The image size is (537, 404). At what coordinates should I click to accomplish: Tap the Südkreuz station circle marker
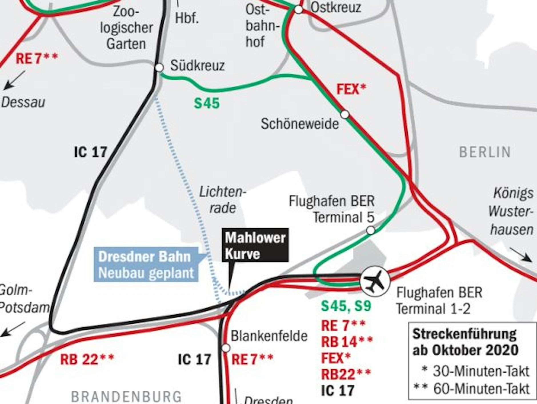coord(159,68)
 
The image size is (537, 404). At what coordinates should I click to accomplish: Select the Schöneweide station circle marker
coord(345,114)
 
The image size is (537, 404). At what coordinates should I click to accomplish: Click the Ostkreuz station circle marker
coord(298,9)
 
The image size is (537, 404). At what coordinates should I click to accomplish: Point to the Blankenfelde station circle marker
coord(226,348)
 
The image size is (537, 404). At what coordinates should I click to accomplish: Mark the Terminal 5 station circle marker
coord(370,230)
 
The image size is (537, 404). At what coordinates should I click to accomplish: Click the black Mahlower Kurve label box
coord(255,245)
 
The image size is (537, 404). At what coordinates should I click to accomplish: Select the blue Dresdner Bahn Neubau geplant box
coord(146,265)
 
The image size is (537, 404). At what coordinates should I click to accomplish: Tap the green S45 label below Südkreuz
coord(207,103)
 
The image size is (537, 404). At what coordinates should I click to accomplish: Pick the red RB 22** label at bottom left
coord(87,359)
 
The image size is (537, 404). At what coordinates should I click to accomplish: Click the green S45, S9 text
coord(346,306)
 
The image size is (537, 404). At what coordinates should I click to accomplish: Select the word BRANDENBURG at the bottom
coord(126,397)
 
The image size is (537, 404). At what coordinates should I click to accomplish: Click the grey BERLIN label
coord(485,152)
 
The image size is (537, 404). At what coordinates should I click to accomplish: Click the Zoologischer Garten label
coord(126,28)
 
